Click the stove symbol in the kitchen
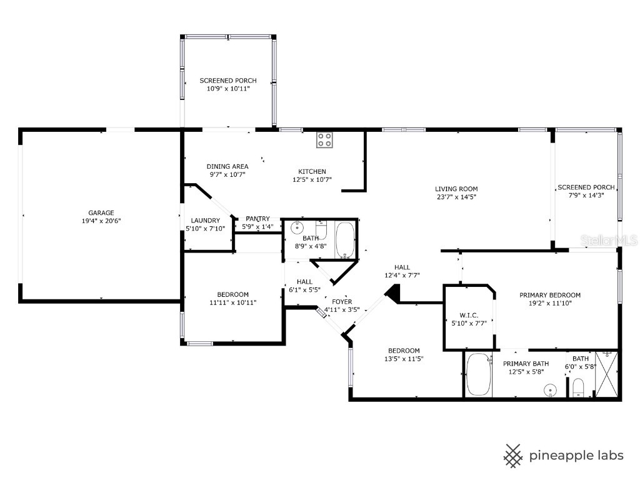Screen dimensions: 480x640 click(x=324, y=140)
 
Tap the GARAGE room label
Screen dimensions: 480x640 click(x=101, y=212)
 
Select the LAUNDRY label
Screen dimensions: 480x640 click(x=206, y=220)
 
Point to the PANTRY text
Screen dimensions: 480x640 click(x=257, y=218)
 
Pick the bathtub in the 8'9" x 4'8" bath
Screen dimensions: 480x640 click(x=345, y=239)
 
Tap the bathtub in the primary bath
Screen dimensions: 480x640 click(x=479, y=374)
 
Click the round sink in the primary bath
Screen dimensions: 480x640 click(x=551, y=390)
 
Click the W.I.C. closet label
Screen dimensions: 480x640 click(x=469, y=315)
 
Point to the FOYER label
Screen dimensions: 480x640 click(x=342, y=301)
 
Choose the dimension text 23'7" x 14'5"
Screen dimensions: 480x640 click(x=456, y=197)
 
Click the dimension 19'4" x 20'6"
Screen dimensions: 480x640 click(x=101, y=221)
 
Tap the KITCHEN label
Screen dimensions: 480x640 click(x=311, y=171)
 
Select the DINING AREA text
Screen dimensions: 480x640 click(x=227, y=166)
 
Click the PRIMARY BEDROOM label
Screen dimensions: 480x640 click(x=550, y=295)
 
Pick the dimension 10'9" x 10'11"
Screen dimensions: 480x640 click(x=227, y=89)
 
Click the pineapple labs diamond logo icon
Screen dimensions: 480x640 click(x=514, y=455)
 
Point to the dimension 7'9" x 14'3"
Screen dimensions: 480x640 click(x=586, y=196)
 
